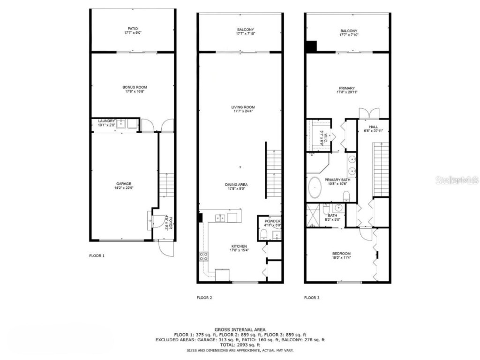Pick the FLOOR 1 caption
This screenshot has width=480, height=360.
point(97,256)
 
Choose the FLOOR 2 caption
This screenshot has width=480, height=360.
point(204,298)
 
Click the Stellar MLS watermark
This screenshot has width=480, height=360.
point(457,180)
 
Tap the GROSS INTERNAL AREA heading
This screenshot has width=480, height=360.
point(240,330)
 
